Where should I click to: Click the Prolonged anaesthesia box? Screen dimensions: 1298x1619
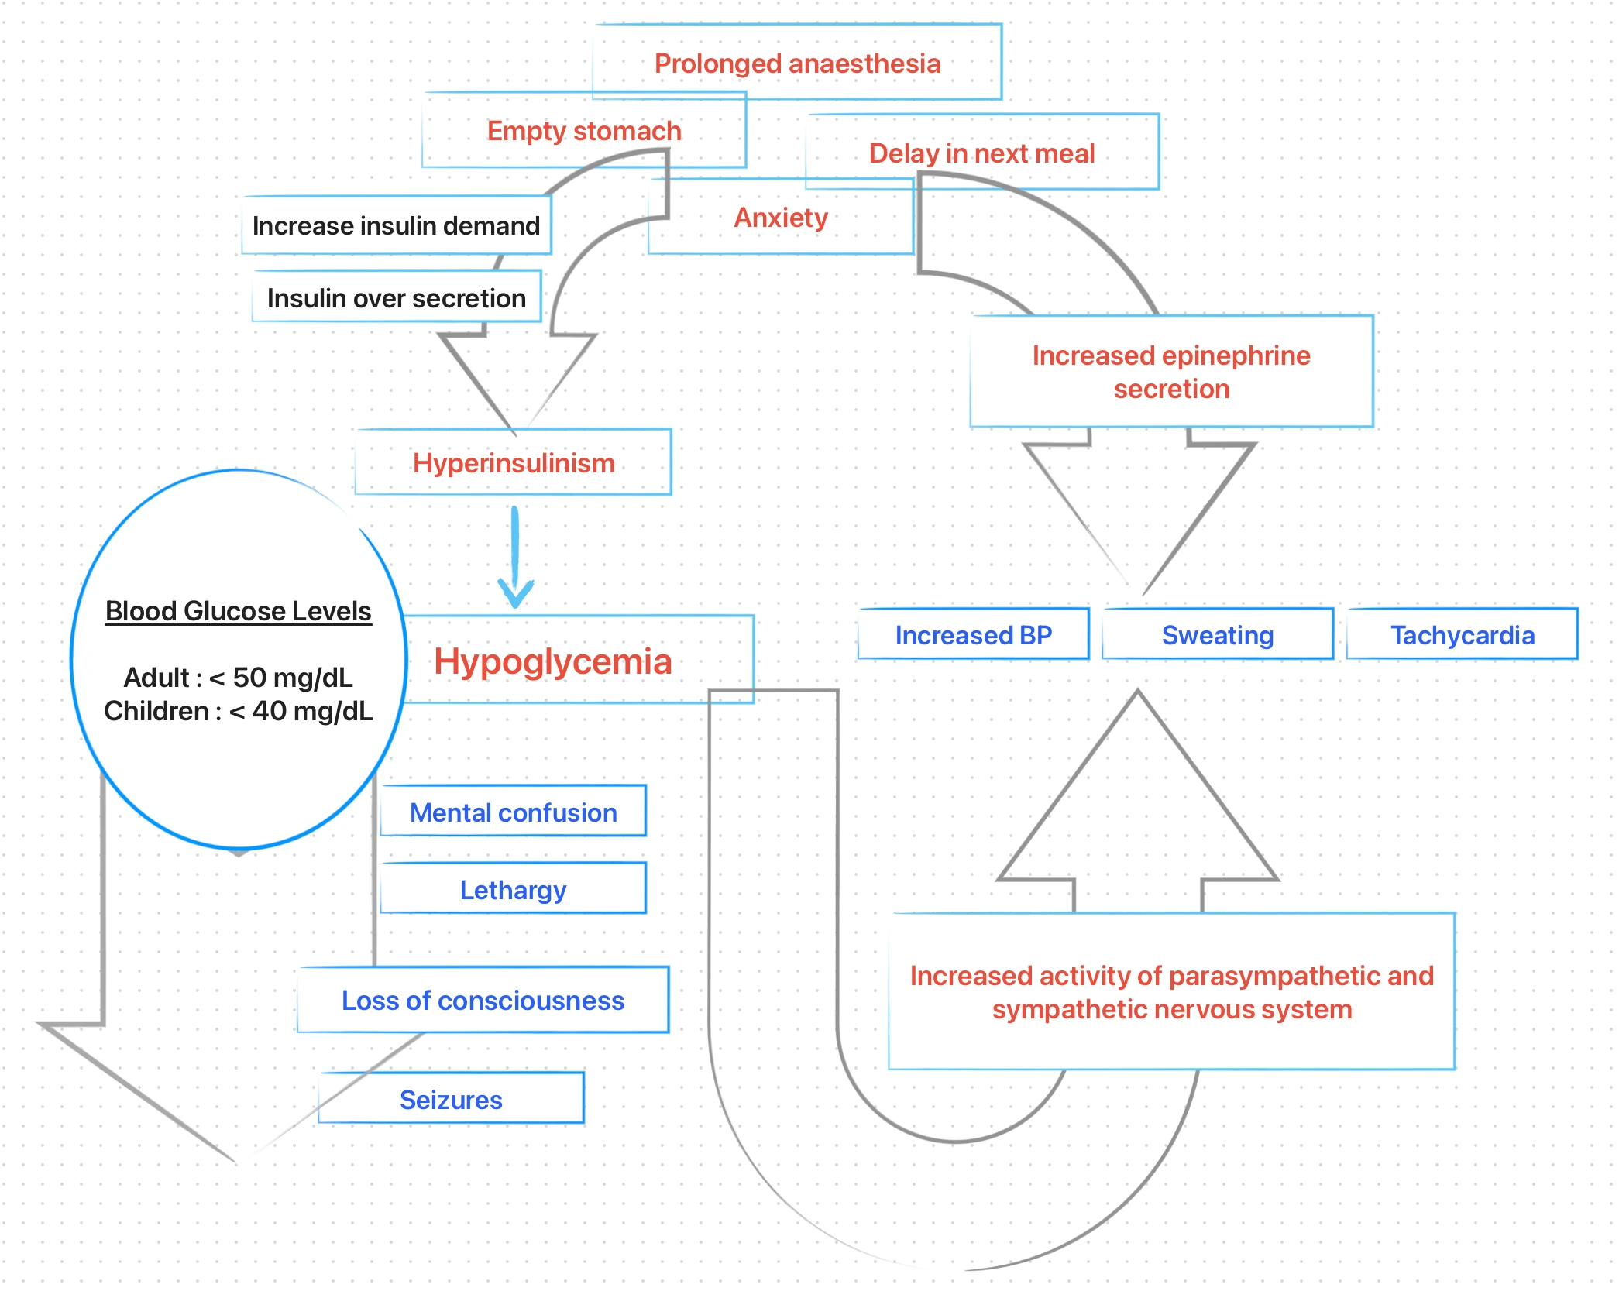pyautogui.click(x=797, y=63)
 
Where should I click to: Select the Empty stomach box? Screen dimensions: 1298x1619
pyautogui.click(x=584, y=130)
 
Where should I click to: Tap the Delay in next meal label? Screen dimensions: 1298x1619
pyautogui.click(x=981, y=153)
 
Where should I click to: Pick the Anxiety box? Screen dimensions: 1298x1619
pyautogui.click(x=781, y=218)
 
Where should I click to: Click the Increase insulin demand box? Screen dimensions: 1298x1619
pyautogui.click(x=396, y=225)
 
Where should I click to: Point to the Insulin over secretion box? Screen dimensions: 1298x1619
pyautogui.click(x=396, y=297)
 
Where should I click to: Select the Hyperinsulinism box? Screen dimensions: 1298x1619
pyautogui.click(x=513, y=462)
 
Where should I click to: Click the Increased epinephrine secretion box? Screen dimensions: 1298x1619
pyautogui.click(x=1170, y=372)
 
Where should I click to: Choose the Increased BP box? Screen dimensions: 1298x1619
pyautogui.click(x=973, y=635)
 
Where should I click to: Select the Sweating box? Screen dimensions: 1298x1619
pyautogui.click(x=1217, y=635)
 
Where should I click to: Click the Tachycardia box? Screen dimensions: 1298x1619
pyautogui.click(x=1462, y=635)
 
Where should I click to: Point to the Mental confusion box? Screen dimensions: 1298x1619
pyautogui.click(x=513, y=812)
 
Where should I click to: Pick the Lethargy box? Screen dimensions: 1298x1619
pyautogui.click(x=513, y=889)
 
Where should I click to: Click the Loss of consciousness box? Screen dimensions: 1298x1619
pyautogui.click(x=483, y=1000)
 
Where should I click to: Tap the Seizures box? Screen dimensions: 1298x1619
pyautogui.click(x=451, y=1099)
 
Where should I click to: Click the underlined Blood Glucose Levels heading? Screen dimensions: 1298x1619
pyautogui.click(x=238, y=611)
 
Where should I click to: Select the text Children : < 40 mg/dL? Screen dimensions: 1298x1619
pyautogui.click(x=238, y=710)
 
